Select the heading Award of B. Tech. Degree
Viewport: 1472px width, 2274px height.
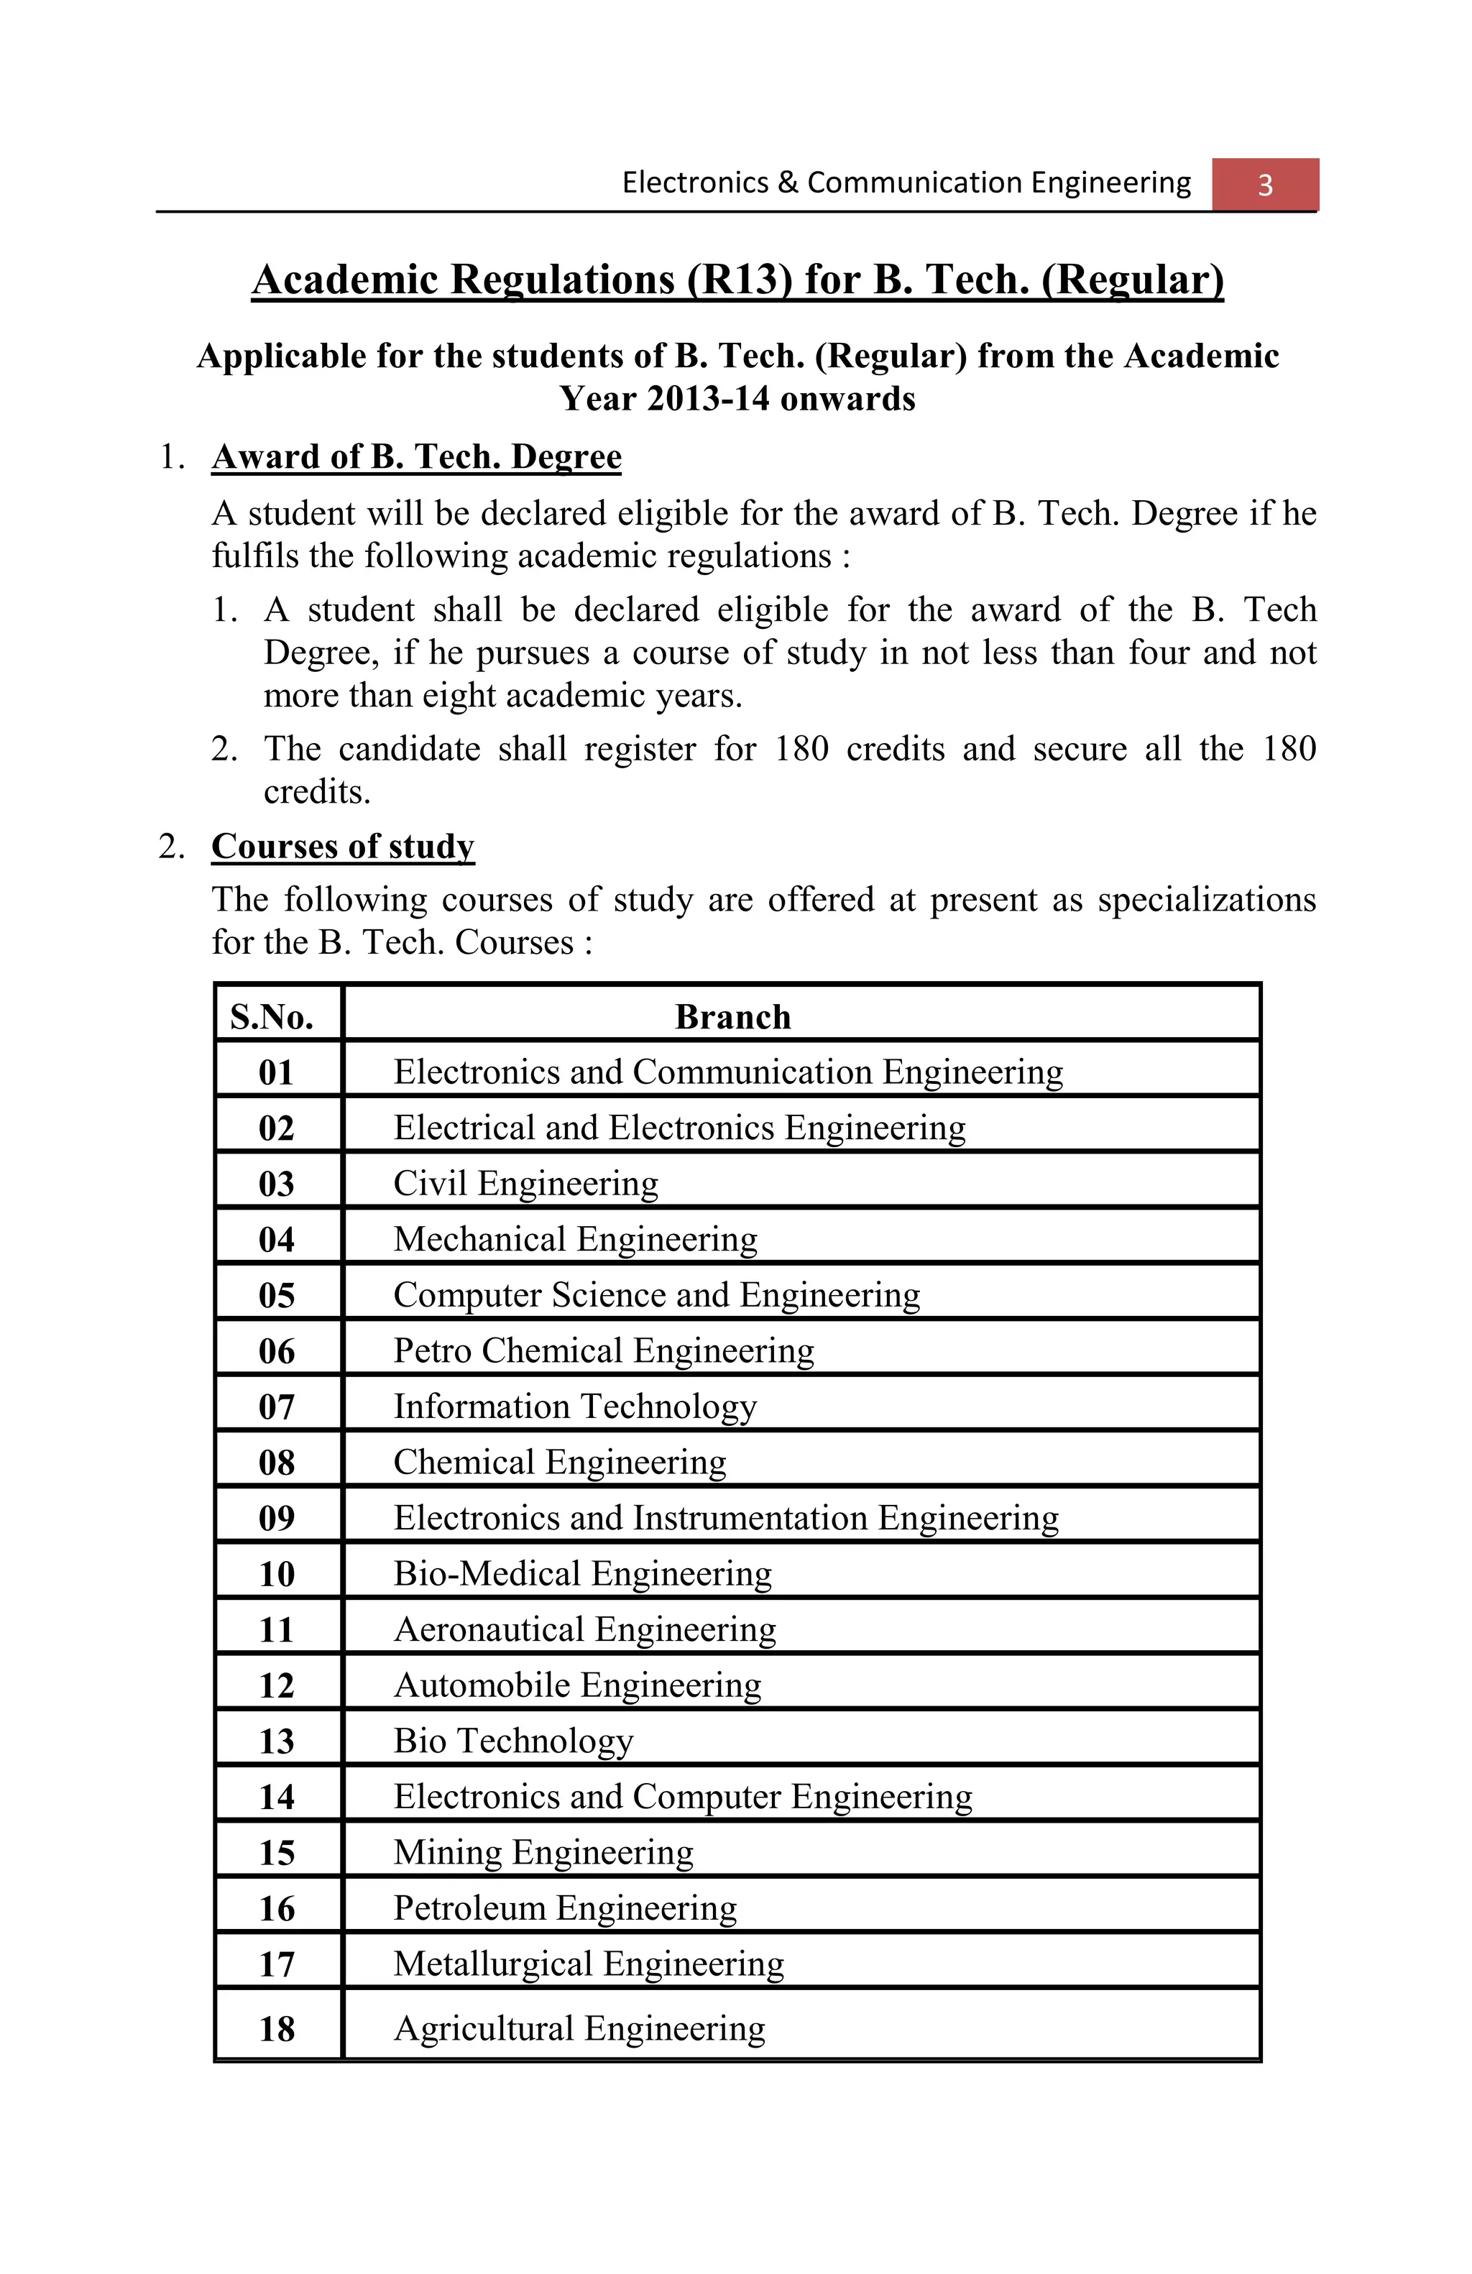click(415, 456)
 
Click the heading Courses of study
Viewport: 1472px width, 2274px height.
click(342, 847)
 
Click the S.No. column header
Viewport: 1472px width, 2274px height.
click(272, 1016)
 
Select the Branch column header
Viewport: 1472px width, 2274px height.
click(732, 1016)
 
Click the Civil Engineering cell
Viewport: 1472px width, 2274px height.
click(525, 1184)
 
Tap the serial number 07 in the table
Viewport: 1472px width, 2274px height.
click(276, 1407)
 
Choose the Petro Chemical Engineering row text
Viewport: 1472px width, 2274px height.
click(604, 1351)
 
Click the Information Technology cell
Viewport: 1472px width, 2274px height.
click(575, 1407)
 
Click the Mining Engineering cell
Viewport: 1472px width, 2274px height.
click(543, 1853)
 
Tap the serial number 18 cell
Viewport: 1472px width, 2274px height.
click(276, 2030)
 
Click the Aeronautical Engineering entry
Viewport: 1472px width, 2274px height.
click(584, 1629)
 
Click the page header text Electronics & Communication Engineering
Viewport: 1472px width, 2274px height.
click(906, 183)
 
